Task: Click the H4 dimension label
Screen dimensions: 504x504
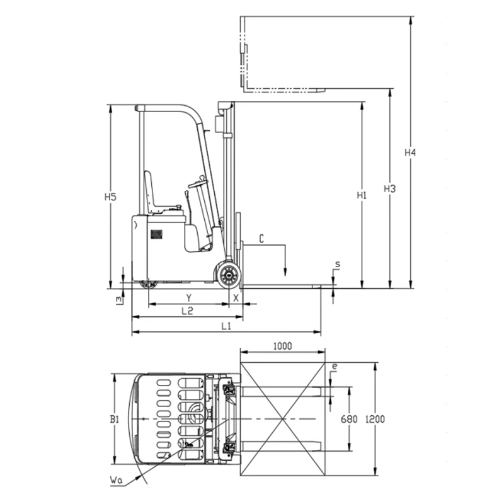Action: [x=411, y=152]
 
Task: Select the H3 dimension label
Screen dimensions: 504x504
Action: [x=390, y=188]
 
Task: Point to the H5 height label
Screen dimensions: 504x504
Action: [x=110, y=197]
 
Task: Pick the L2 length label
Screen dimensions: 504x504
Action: [x=187, y=311]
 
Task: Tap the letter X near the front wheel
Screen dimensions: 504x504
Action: [x=236, y=296]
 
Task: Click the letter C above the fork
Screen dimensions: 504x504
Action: [x=261, y=238]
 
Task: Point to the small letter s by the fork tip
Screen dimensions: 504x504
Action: [x=337, y=265]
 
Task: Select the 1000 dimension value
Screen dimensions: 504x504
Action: [x=282, y=346]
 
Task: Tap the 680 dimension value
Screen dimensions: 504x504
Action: [x=349, y=419]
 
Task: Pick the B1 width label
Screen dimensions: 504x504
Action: [x=114, y=418]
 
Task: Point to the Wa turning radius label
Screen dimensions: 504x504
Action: [x=115, y=481]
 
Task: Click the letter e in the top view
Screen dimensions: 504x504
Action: [x=335, y=365]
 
